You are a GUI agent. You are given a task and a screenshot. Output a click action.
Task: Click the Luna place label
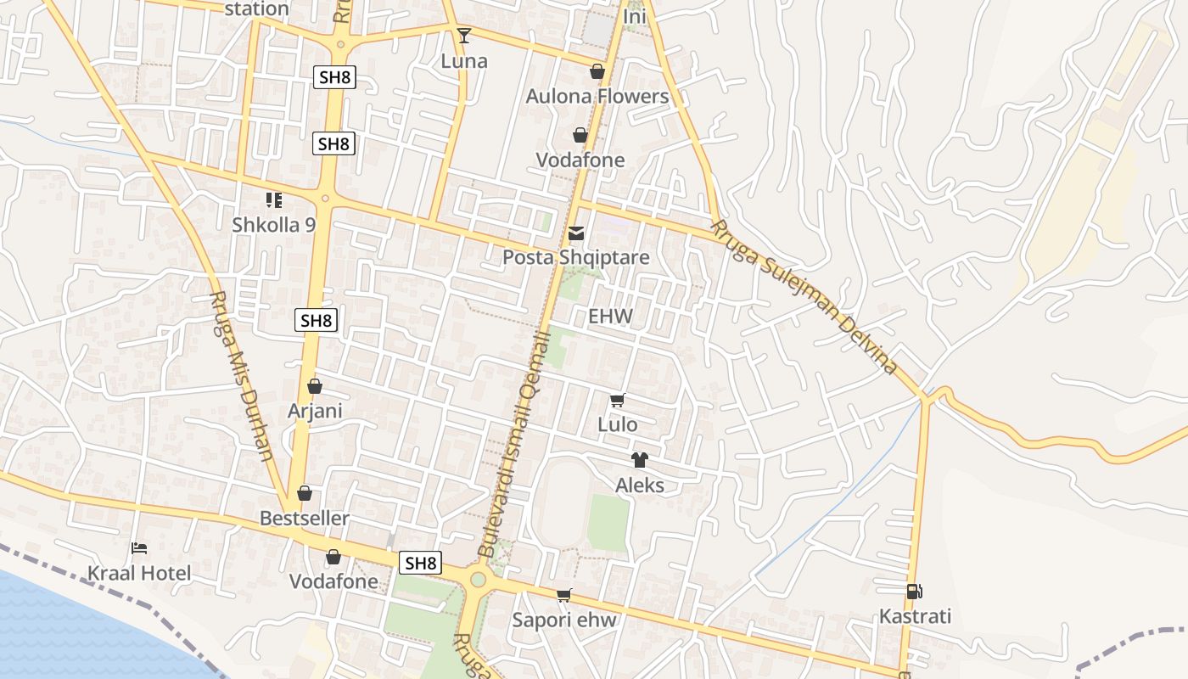click(x=464, y=61)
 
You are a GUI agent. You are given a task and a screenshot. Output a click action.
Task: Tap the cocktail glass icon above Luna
click(x=463, y=35)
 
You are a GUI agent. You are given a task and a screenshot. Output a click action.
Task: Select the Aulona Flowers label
click(x=597, y=96)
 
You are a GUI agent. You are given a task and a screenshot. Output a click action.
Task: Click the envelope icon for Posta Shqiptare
click(x=576, y=233)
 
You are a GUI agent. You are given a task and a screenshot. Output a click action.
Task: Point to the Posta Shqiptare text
click(x=576, y=257)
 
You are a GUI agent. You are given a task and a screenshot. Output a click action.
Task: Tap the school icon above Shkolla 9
click(x=273, y=200)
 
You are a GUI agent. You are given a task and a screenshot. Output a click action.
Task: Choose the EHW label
click(x=611, y=317)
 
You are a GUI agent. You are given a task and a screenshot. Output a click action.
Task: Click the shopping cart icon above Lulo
click(x=617, y=400)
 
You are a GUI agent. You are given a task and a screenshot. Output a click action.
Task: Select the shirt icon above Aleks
click(x=639, y=460)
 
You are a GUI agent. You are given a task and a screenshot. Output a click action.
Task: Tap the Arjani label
click(x=315, y=411)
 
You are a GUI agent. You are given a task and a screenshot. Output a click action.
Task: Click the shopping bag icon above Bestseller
click(x=305, y=493)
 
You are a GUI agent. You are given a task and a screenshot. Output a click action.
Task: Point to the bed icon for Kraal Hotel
click(x=139, y=548)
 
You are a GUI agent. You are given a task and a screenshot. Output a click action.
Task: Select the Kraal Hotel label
click(x=139, y=574)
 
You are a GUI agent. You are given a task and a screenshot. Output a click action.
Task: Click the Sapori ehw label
click(x=564, y=620)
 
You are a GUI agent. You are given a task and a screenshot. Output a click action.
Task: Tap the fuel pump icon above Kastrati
click(x=914, y=592)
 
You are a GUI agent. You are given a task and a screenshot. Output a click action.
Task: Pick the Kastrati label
click(x=916, y=616)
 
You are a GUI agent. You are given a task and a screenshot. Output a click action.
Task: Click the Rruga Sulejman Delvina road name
click(x=804, y=297)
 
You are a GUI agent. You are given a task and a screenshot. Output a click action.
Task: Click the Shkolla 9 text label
click(x=274, y=225)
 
